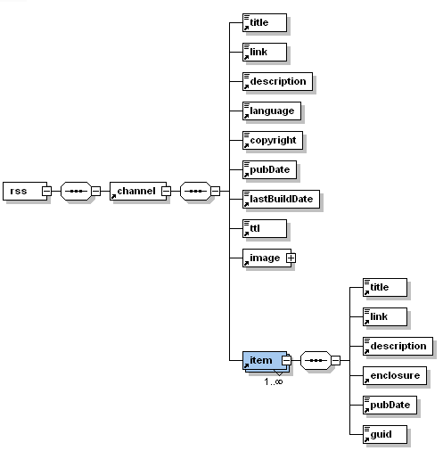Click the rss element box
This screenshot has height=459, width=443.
(x=25, y=191)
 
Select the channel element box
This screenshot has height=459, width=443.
(x=138, y=191)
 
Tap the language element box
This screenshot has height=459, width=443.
(x=272, y=111)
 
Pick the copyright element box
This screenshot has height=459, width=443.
(x=273, y=140)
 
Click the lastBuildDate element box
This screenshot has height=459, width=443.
(x=281, y=199)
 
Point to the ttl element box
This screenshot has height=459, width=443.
(x=265, y=228)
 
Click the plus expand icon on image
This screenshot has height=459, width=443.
(x=291, y=258)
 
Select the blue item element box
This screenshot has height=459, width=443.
(x=265, y=361)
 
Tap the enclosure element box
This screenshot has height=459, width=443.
(x=395, y=375)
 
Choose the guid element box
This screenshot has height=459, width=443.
(x=385, y=434)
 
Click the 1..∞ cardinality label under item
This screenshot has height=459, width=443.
(x=274, y=381)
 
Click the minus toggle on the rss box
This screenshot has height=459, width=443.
(x=46, y=191)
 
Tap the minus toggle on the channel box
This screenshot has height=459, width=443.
(x=166, y=191)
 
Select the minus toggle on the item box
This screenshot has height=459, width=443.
(x=286, y=360)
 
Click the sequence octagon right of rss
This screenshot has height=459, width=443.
(x=76, y=191)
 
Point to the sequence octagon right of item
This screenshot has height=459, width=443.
(x=316, y=361)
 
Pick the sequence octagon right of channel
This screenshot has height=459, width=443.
(x=195, y=191)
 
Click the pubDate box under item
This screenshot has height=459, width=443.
(x=390, y=405)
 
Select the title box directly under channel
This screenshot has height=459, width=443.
(x=265, y=22)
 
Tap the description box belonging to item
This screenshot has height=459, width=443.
(x=398, y=346)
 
